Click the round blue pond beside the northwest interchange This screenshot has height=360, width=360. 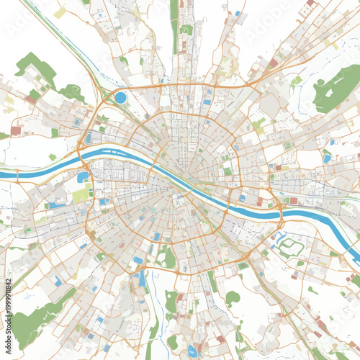[120, 96]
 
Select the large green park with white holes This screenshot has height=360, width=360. [335, 88]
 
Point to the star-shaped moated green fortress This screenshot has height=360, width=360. [292, 247]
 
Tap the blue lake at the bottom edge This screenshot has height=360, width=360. [192, 351]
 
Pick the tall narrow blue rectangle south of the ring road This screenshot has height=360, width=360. [142, 277]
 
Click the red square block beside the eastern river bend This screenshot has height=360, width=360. [293, 201]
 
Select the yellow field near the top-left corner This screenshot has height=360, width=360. [59, 13]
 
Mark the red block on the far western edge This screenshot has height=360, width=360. [16, 130]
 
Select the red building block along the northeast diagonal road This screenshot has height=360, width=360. [274, 63]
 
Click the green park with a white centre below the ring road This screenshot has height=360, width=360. [167, 257]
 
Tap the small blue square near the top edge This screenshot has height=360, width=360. [237, 13]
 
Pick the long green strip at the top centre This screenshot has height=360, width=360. [174, 25]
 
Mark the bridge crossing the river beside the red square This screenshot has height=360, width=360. [280, 209]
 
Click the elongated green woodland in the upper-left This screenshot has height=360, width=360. [36, 68]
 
